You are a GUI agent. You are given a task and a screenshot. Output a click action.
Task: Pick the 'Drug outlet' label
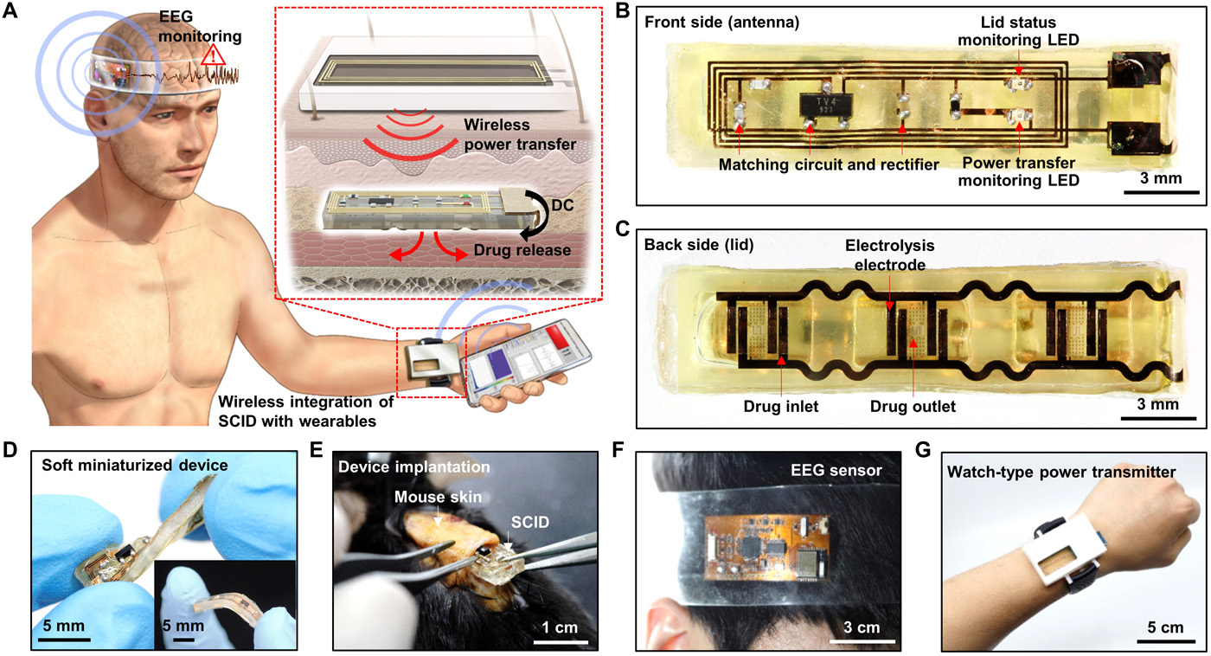coord(911,404)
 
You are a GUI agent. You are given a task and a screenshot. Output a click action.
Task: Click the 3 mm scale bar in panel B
coord(1161,190)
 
